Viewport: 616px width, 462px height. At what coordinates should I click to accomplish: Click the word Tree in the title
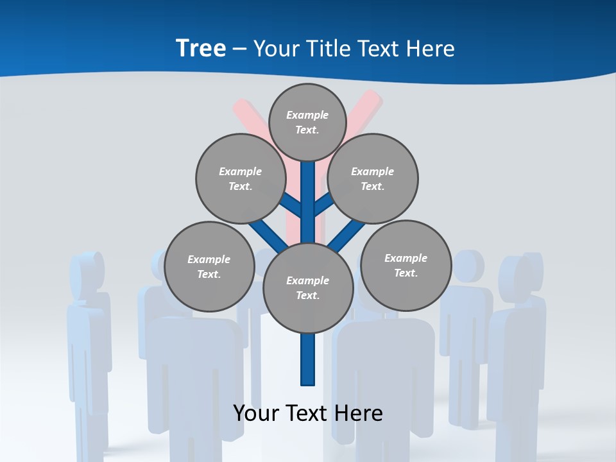click(x=201, y=48)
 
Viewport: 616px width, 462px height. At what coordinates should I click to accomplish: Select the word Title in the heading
click(x=327, y=49)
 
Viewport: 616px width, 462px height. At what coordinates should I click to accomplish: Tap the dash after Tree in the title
click(x=239, y=49)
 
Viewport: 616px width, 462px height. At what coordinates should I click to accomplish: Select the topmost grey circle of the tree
click(x=307, y=122)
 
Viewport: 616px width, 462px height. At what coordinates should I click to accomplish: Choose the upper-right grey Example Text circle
click(x=373, y=178)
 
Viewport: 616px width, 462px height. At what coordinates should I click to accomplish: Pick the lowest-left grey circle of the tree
click(x=209, y=266)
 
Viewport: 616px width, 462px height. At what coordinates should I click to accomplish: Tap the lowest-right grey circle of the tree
click(x=406, y=265)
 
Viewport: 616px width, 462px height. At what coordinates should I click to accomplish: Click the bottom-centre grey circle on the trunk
click(x=308, y=288)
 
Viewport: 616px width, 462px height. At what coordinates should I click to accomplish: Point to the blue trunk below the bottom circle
click(x=308, y=359)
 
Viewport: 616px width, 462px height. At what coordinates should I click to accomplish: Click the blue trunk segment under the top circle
click(x=308, y=193)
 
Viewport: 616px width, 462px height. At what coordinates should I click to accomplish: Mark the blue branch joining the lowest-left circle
click(x=267, y=234)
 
